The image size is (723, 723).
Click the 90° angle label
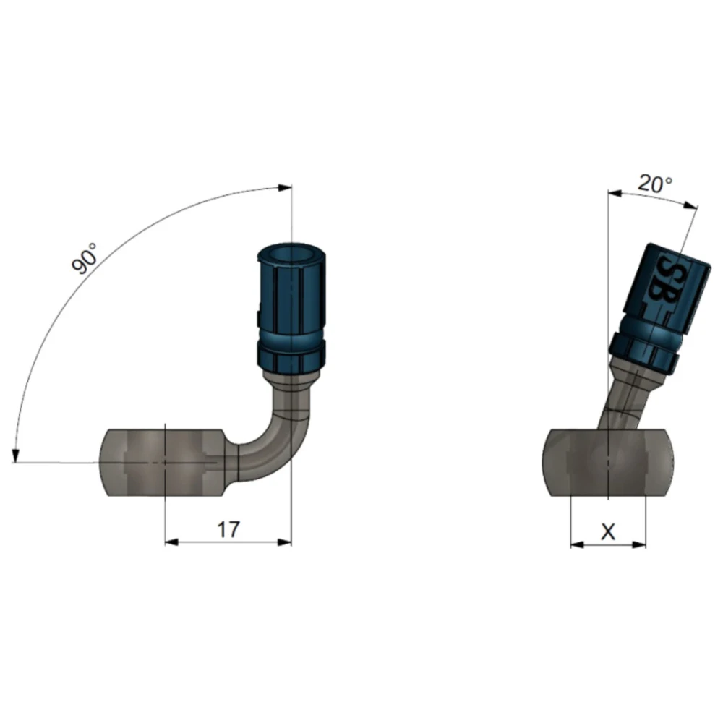[x=85, y=258]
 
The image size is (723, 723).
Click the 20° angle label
[x=655, y=184]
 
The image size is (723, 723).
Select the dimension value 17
[x=228, y=530]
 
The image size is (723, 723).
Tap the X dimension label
[x=608, y=532]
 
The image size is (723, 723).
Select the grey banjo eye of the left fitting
[x=161, y=463]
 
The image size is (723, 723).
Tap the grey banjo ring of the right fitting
[x=609, y=463]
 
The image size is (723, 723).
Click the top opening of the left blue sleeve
[x=291, y=254]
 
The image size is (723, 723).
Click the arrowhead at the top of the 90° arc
[x=285, y=188]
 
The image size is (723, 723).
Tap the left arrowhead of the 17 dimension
[x=172, y=542]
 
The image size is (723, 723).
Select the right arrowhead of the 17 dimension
[x=284, y=542]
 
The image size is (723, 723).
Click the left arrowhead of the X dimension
[x=578, y=544]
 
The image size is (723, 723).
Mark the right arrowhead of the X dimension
[x=638, y=544]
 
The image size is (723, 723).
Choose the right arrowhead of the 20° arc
[x=690, y=205]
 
